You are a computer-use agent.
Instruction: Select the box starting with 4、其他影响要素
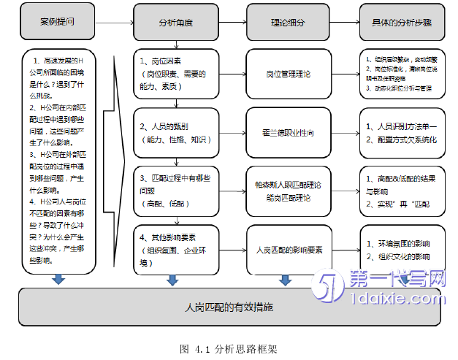coord(175,245)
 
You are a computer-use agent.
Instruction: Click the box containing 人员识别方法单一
coord(401,134)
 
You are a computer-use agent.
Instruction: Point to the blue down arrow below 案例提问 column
coord(56,279)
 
